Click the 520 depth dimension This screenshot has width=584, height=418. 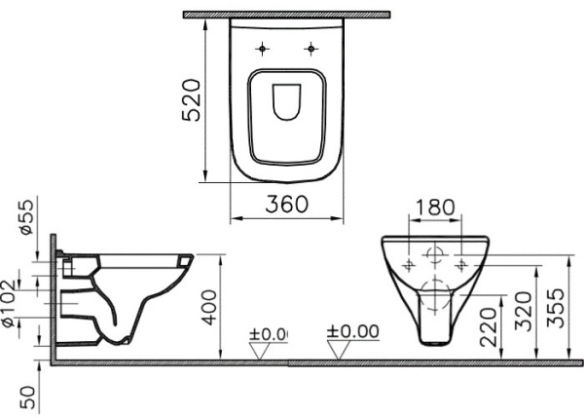[194, 98]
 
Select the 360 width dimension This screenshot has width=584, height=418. [287, 204]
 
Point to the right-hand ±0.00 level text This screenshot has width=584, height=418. [354, 331]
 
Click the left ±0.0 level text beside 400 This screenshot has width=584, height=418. [268, 332]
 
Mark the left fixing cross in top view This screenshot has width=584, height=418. [263, 50]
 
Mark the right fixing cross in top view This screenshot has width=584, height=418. [310, 50]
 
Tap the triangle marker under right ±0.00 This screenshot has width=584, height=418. [339, 351]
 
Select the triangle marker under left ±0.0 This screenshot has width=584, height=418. [259, 351]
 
